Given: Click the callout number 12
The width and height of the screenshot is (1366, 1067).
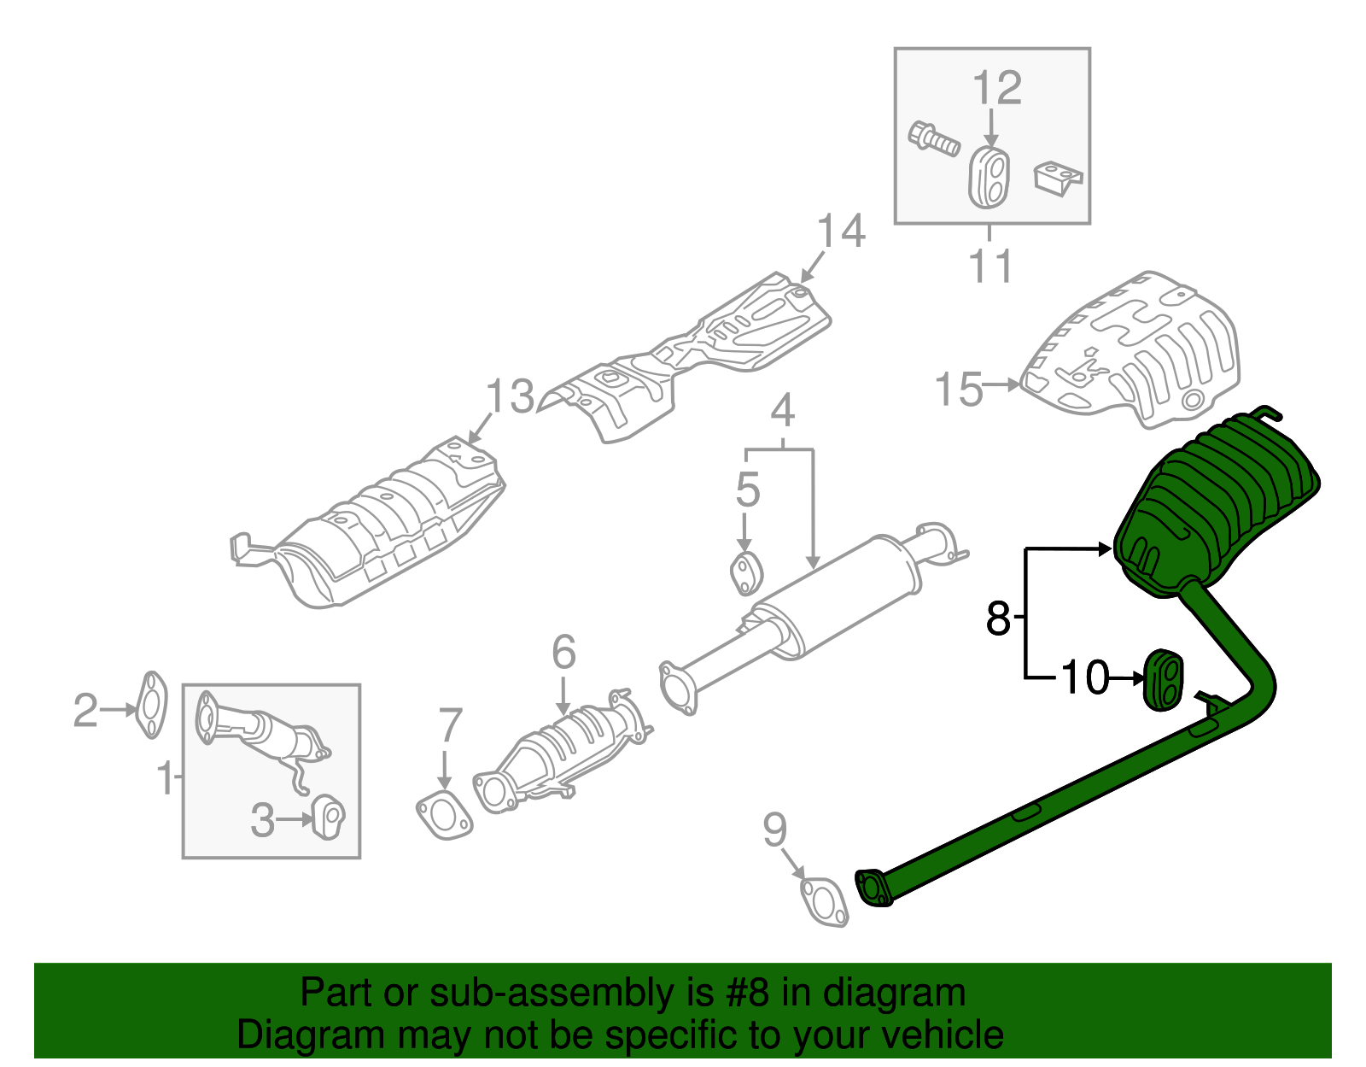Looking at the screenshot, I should point(996,88).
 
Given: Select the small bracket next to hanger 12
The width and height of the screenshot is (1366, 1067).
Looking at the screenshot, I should point(1059,179).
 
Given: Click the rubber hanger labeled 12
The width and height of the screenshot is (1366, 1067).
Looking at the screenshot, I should point(990,177).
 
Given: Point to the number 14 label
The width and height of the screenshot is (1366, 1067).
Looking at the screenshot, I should point(841,232).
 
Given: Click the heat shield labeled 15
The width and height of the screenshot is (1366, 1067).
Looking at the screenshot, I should point(1135,350).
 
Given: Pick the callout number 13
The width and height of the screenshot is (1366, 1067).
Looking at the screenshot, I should point(510,397).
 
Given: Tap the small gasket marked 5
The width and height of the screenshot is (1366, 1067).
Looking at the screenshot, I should point(745,573).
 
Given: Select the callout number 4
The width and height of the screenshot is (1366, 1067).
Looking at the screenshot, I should point(782,411).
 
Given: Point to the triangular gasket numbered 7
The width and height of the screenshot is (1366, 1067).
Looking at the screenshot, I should point(443,815).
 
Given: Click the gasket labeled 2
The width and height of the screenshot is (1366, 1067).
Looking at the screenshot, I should point(151,705).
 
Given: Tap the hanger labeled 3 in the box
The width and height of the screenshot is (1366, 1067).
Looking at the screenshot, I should point(328,817).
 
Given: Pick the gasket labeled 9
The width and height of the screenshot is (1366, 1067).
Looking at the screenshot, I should point(825,902).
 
